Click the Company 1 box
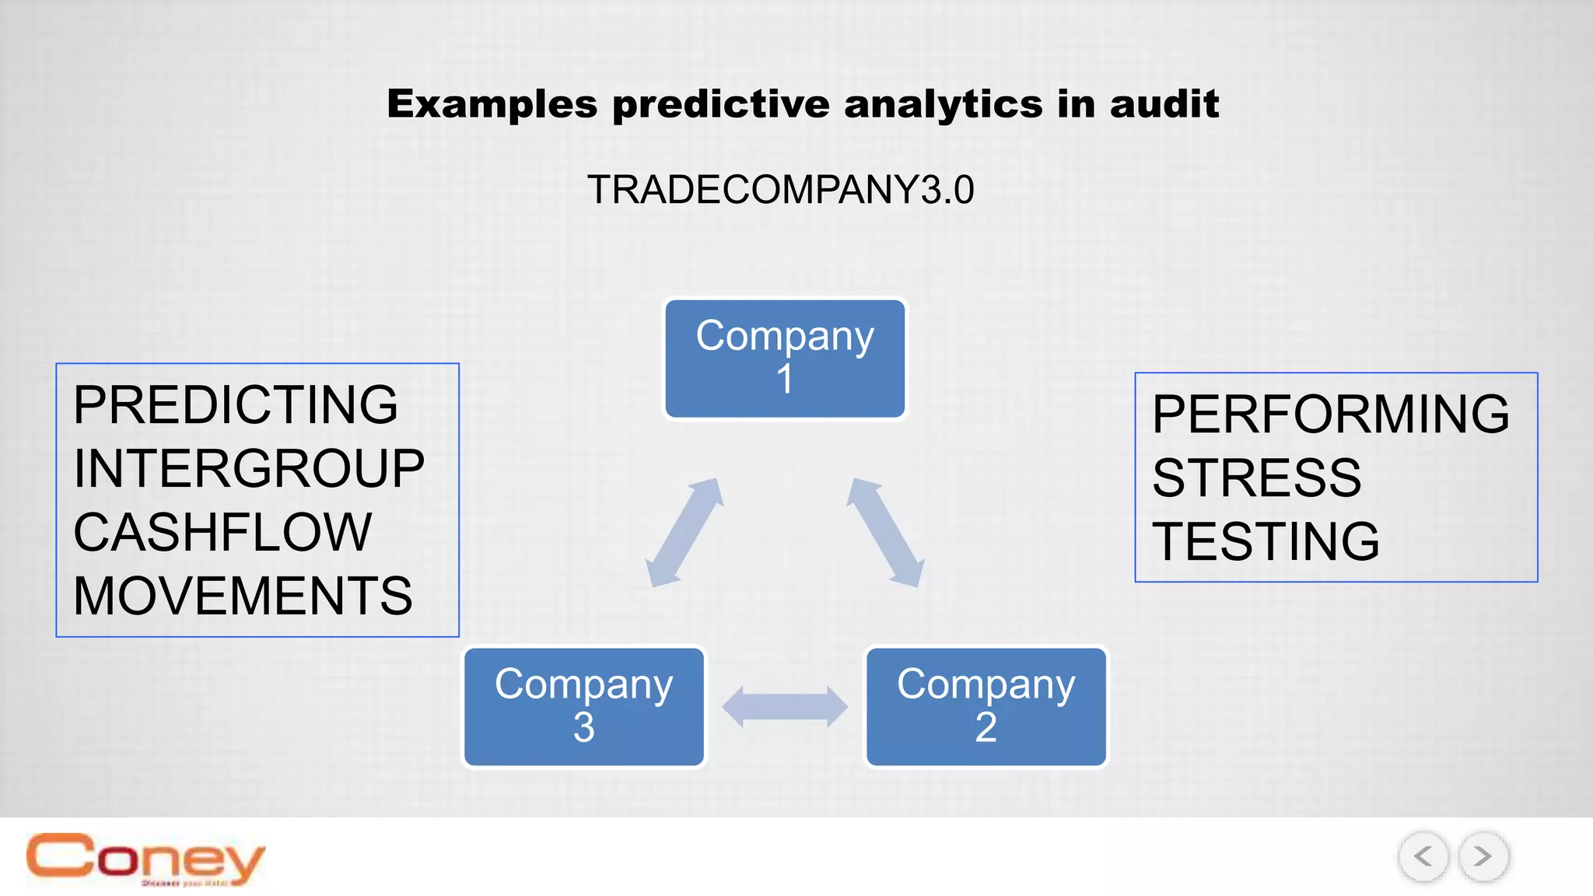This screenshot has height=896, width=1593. [785, 359]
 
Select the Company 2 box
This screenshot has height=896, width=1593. [986, 706]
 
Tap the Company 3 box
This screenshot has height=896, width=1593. [584, 706]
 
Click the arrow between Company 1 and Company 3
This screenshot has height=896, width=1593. [684, 533]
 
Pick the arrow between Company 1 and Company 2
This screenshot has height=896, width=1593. [885, 533]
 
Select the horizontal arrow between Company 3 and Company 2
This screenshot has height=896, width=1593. [785, 707]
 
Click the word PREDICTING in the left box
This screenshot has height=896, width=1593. [235, 405]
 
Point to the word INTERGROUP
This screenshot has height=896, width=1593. [249, 469]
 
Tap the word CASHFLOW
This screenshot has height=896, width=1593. [222, 533]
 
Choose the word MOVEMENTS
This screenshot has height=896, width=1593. [243, 597]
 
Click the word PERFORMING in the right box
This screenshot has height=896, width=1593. [1330, 414]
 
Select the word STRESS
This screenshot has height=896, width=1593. [1256, 478]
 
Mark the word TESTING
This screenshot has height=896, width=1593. [1266, 541]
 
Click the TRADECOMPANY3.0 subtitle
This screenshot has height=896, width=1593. [780, 190]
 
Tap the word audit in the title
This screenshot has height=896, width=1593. [1164, 104]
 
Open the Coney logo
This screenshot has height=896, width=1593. [145, 859]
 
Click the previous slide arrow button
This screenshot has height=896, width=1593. [1423, 857]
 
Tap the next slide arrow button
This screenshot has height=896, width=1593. [1483, 857]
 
